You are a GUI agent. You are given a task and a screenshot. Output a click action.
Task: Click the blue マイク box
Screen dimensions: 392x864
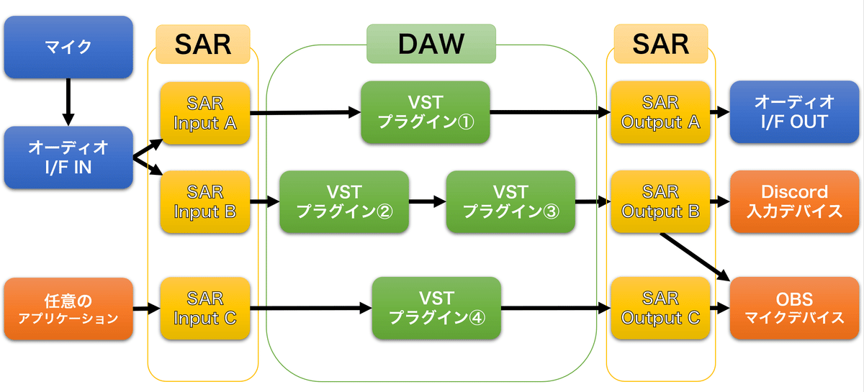[x=68, y=47]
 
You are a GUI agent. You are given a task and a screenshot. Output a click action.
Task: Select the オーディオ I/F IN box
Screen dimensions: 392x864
[x=68, y=158]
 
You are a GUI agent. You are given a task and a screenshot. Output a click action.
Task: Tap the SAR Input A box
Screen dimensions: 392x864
[x=205, y=113]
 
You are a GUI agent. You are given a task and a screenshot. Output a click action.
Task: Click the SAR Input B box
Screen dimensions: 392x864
[x=205, y=202]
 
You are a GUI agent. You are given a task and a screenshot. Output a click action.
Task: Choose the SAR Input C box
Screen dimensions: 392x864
[x=205, y=309]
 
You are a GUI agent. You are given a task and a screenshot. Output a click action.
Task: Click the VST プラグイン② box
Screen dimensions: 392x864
[x=344, y=202]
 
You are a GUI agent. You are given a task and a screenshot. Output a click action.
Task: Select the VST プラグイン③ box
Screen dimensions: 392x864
[x=510, y=202]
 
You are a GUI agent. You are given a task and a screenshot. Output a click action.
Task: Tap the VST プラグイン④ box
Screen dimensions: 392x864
[x=436, y=309]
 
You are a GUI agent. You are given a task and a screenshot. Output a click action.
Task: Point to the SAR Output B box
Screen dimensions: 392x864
[x=660, y=202]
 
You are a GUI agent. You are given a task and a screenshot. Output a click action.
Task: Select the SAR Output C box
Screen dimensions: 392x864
[x=660, y=309]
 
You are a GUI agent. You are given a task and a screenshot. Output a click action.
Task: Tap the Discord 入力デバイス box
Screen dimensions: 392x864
[x=794, y=202]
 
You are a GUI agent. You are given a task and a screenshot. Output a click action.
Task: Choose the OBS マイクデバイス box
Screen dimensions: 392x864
[x=794, y=309]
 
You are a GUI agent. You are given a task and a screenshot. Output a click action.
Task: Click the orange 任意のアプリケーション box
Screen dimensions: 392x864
[x=68, y=309]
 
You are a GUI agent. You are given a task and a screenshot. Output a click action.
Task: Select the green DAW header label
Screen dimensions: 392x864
[x=431, y=44]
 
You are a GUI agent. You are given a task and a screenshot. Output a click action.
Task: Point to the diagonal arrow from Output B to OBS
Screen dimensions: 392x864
[x=695, y=255]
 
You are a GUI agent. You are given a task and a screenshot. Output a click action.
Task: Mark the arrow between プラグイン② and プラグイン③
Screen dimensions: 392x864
[x=427, y=202]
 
